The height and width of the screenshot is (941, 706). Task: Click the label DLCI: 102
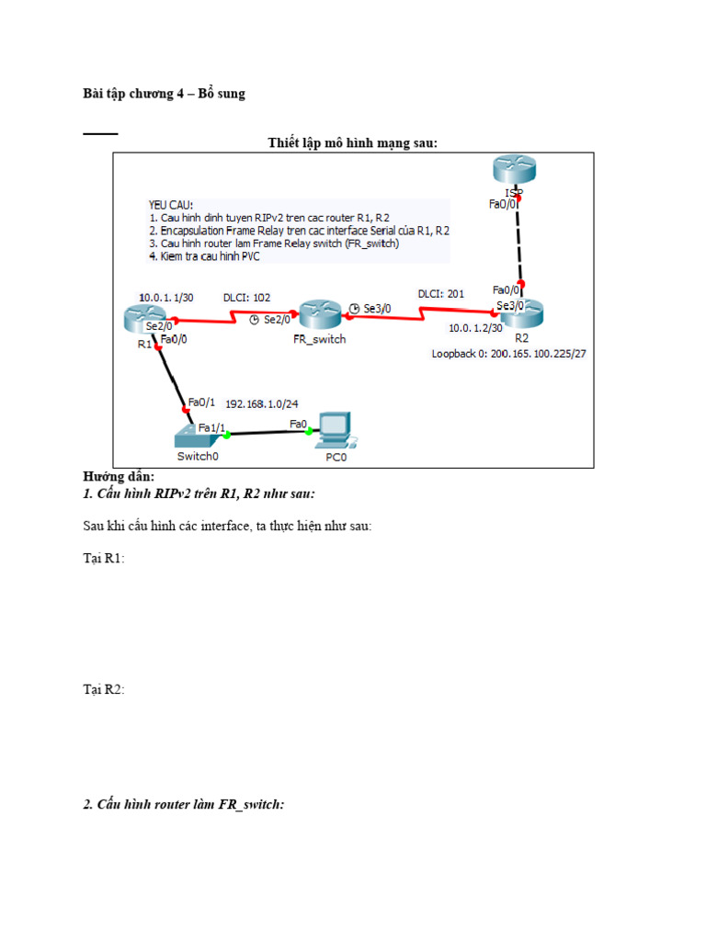248,298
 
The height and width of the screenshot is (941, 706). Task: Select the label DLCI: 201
441,294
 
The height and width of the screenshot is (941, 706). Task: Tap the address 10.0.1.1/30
167,298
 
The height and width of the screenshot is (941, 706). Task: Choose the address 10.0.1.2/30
475,328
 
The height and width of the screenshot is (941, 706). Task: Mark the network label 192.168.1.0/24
266,402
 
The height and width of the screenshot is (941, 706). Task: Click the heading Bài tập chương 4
165,94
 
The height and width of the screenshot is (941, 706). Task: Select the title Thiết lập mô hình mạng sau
353,142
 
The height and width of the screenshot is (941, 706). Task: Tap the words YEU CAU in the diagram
171,205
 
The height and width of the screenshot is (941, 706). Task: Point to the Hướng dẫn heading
119,477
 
